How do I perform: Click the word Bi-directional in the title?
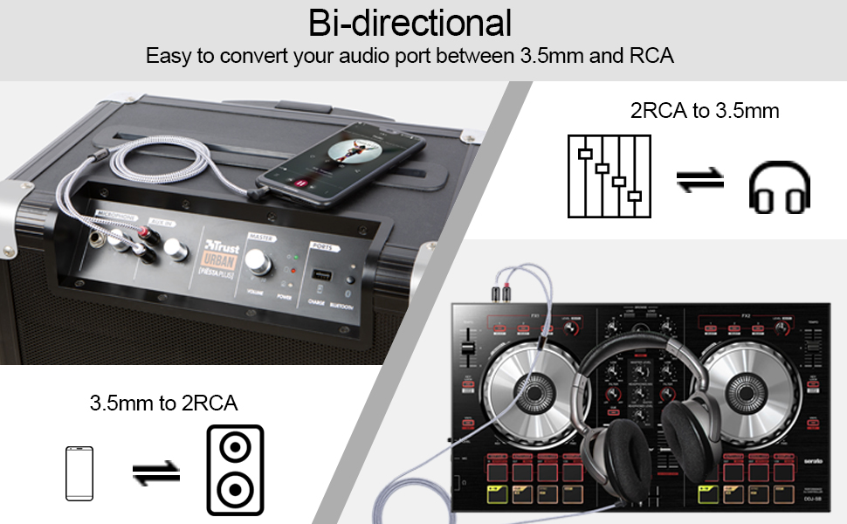click(x=410, y=22)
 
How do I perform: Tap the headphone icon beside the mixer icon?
click(x=779, y=186)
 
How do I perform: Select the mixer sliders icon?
click(x=609, y=176)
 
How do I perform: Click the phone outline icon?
click(x=79, y=473)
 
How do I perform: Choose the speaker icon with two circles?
click(x=234, y=470)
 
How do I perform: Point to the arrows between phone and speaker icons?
click(x=155, y=472)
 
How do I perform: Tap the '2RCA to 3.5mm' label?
click(x=704, y=111)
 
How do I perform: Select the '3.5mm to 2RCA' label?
click(x=163, y=403)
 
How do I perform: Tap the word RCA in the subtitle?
click(x=650, y=57)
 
